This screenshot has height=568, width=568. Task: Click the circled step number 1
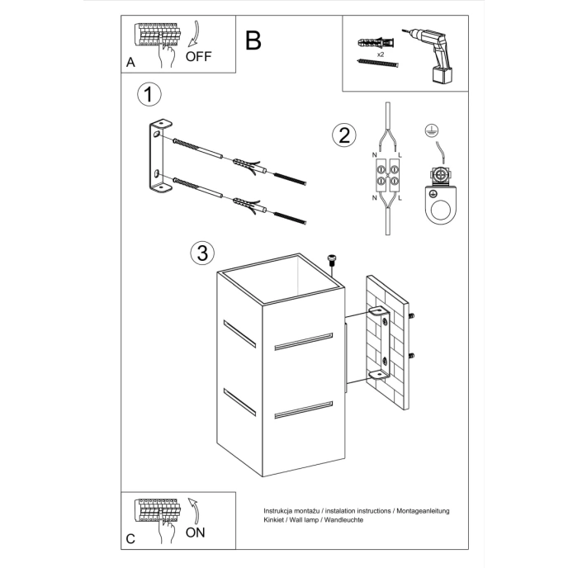[147, 95]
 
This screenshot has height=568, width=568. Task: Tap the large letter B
[253, 39]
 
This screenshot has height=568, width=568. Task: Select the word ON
[195, 532]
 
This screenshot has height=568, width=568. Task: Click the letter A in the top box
[131, 62]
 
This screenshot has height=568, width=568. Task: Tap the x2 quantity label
[380, 54]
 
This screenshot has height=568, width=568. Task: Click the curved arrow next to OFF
[195, 37]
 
